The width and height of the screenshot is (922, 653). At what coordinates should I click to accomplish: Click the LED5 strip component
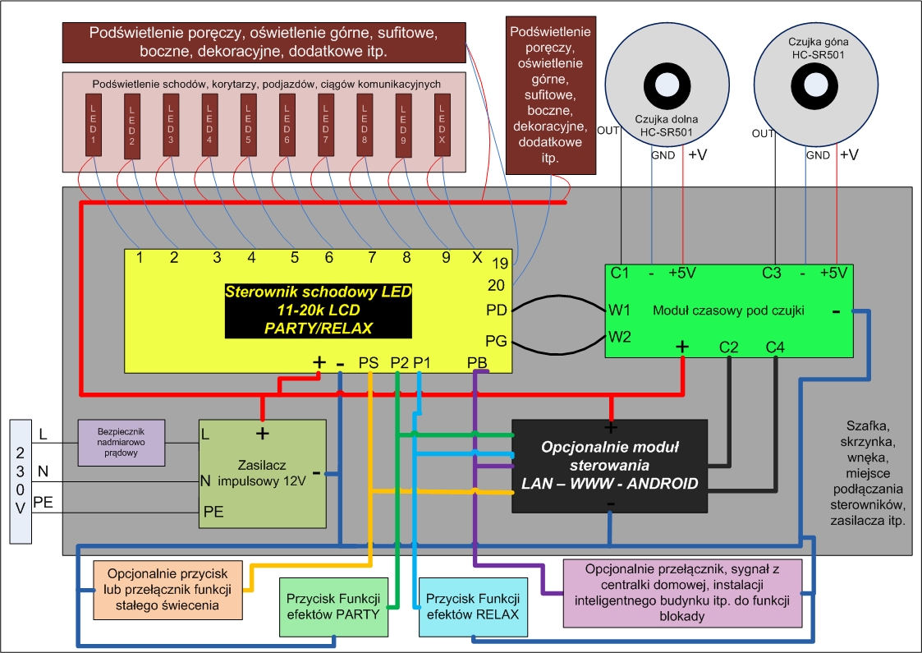pyautogui.click(x=248, y=126)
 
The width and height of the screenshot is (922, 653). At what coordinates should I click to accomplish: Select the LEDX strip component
pyautogui.click(x=443, y=126)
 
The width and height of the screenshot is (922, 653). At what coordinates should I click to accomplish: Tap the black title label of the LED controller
pyautogui.click(x=318, y=310)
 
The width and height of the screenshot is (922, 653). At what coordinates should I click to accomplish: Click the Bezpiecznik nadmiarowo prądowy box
pyautogui.click(x=122, y=443)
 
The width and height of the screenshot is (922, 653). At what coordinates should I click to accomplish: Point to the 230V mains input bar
pyautogui.click(x=21, y=481)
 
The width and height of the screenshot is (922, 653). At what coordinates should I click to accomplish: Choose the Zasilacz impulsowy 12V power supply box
pyautogui.click(x=262, y=474)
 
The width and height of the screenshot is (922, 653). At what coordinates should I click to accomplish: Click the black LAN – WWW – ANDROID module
pyautogui.click(x=610, y=466)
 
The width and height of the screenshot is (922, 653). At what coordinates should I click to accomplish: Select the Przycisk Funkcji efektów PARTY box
pyautogui.click(x=333, y=607)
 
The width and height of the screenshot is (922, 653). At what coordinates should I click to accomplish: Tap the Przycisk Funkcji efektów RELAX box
pyautogui.click(x=473, y=607)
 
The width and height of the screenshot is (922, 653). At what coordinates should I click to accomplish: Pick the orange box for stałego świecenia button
pyautogui.click(x=167, y=590)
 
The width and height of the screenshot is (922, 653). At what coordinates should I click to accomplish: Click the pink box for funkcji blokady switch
pyautogui.click(x=683, y=593)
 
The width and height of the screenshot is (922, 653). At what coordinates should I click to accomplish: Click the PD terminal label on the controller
pyautogui.click(x=496, y=310)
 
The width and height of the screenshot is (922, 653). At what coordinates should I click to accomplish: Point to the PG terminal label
pyautogui.click(x=496, y=341)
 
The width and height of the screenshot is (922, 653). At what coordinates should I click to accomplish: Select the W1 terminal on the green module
pyautogui.click(x=619, y=310)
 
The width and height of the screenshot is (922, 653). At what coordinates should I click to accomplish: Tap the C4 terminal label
pyautogui.click(x=775, y=347)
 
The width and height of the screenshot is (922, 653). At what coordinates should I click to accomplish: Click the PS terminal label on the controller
pyautogui.click(x=369, y=363)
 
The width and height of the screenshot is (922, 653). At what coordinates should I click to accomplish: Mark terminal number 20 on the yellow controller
pyautogui.click(x=496, y=285)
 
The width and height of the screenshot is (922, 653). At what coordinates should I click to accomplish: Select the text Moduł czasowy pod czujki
pyautogui.click(x=728, y=310)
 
